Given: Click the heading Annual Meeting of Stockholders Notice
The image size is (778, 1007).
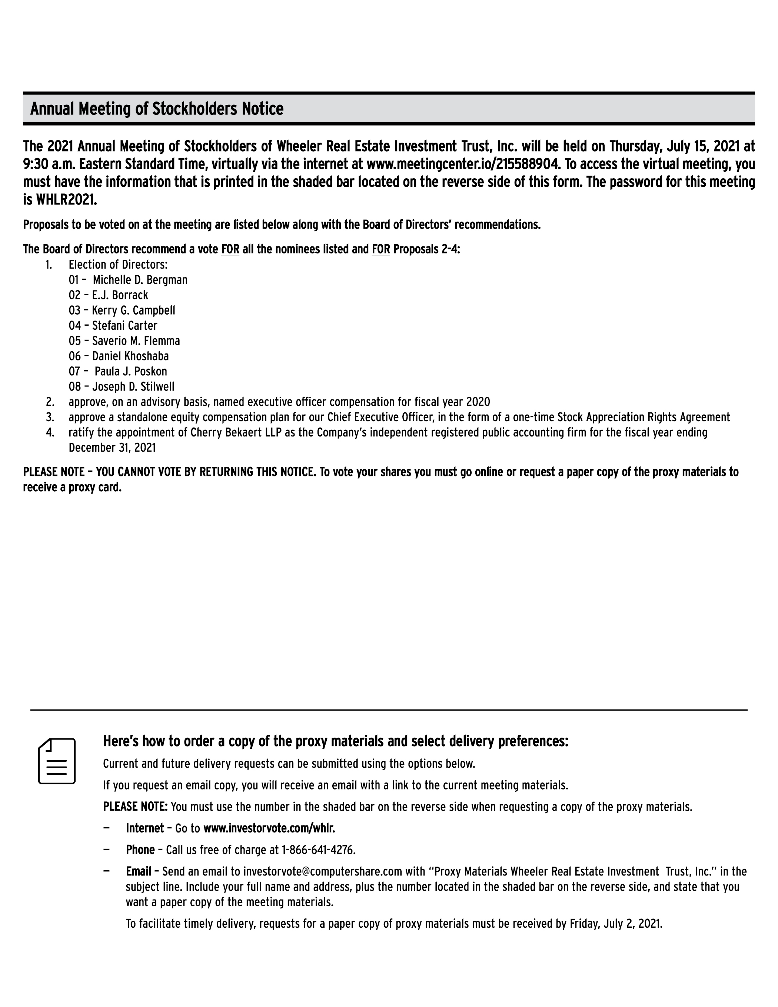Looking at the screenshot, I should (x=157, y=109).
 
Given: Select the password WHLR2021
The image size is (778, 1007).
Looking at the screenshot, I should (x=66, y=200).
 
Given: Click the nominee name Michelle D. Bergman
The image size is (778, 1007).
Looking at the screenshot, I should (x=140, y=280).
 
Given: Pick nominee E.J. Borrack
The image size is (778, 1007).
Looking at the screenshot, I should (x=120, y=295).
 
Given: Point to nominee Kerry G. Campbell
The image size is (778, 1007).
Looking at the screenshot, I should (x=133, y=310).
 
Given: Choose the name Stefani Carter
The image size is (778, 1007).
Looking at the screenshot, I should (x=124, y=326).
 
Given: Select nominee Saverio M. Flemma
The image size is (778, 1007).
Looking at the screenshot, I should (x=136, y=341).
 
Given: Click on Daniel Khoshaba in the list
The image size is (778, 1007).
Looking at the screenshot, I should (x=130, y=356).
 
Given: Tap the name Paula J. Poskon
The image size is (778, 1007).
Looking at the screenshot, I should (x=131, y=371).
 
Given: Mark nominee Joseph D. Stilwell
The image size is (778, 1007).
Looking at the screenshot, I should (x=133, y=386).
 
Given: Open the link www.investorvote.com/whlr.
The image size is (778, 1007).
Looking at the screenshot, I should (x=269, y=828).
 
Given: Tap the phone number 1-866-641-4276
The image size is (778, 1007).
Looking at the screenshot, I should (x=318, y=850).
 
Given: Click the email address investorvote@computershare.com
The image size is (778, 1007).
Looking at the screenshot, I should (x=323, y=871).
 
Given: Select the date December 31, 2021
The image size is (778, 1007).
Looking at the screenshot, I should (x=112, y=448).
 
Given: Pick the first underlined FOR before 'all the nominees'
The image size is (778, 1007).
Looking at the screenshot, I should (x=230, y=249).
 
